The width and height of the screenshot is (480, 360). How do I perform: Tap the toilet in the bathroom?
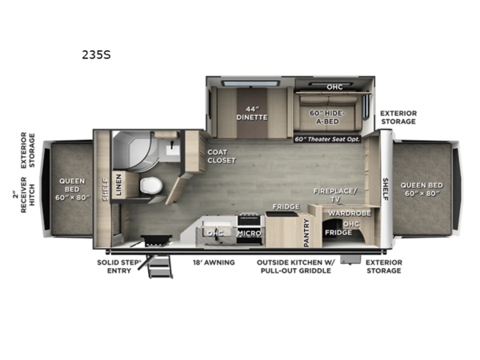coord(151,186)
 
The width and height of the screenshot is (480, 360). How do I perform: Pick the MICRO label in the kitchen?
coord(247,233)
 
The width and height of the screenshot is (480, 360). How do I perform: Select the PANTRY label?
coord(306,230)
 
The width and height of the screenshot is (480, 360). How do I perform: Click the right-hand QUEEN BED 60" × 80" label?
coord(422,189)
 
